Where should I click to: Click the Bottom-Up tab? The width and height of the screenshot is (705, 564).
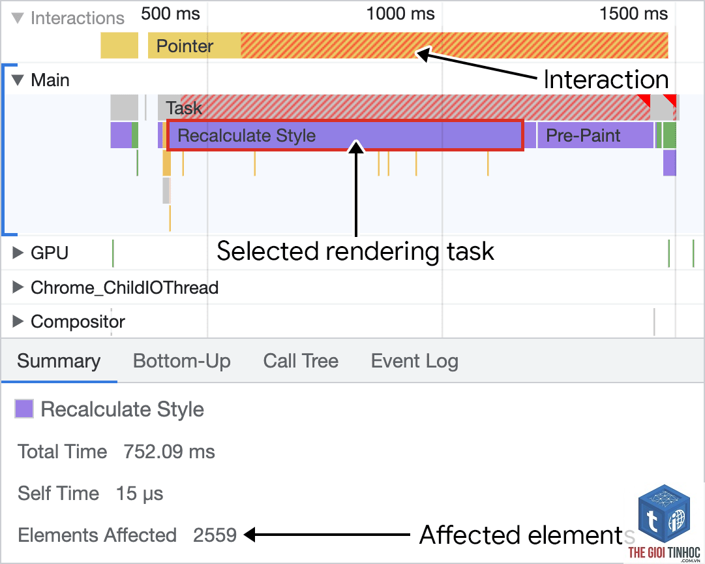(182, 362)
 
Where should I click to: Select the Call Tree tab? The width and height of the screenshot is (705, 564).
(301, 361)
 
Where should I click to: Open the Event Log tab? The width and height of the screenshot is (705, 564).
(415, 362)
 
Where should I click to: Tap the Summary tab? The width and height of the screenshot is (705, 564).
(59, 362)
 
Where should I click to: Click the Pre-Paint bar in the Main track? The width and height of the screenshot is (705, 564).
(595, 135)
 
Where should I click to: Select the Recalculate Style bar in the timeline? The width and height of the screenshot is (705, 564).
(345, 135)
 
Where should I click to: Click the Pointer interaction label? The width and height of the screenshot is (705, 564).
(185, 46)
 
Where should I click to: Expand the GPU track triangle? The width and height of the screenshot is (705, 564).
(18, 253)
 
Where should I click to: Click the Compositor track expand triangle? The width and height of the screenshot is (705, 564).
(18, 321)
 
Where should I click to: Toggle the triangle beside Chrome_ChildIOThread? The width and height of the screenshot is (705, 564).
(18, 287)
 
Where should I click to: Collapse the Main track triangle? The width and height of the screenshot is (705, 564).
(18, 80)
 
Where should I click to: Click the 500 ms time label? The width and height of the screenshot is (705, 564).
(170, 14)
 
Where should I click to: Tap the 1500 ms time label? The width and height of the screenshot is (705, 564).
(633, 14)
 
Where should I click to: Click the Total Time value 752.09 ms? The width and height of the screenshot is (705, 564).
(169, 452)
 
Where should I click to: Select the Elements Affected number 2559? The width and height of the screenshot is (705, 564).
(215, 535)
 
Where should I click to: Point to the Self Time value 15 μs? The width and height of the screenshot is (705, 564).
(140, 493)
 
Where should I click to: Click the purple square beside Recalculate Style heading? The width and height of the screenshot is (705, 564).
(24, 409)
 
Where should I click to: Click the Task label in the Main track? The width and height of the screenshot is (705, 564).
(183, 108)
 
